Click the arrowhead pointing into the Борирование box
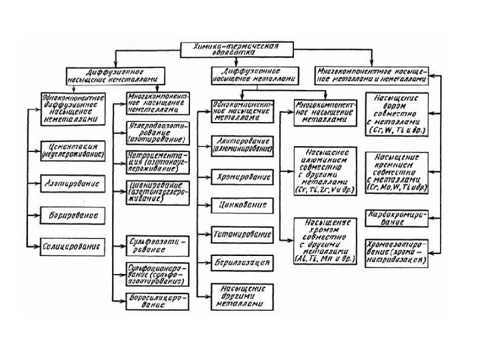pos(36,215)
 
